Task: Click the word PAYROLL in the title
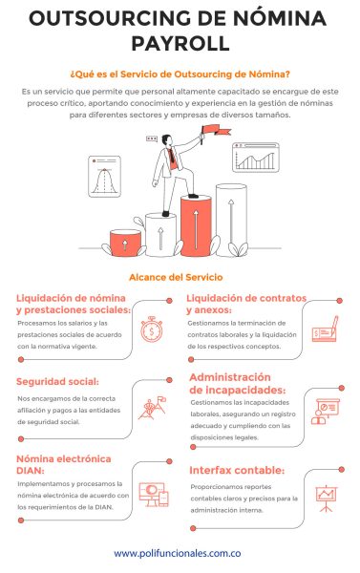click(180, 43)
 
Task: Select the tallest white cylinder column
click(231, 220)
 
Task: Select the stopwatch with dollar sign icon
click(152, 330)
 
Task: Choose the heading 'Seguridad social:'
click(58, 382)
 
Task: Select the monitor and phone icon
click(154, 494)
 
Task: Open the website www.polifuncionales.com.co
click(180, 553)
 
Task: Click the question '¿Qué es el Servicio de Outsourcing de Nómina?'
click(180, 72)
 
